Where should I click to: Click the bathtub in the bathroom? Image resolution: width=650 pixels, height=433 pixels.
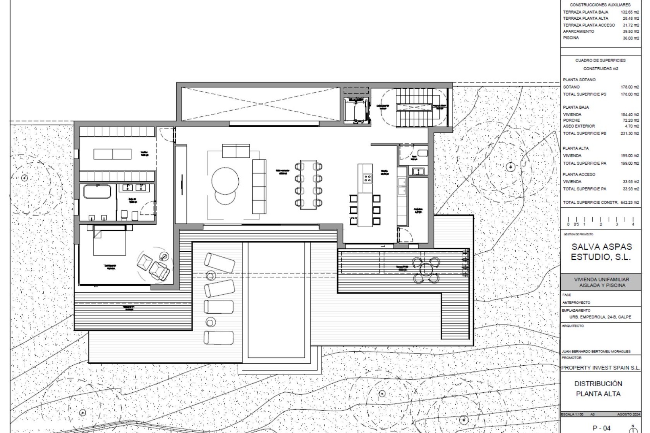pyautogui.click(x=97, y=192)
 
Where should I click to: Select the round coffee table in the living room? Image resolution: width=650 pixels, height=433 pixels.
pyautogui.click(x=225, y=181)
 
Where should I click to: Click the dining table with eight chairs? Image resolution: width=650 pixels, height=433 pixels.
pyautogui.click(x=308, y=185)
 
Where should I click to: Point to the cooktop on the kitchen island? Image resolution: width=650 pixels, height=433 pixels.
pyautogui.click(x=367, y=178)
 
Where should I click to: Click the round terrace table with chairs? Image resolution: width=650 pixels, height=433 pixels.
pyautogui.click(x=426, y=270)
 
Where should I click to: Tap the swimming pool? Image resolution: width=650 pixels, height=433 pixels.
pyautogui.click(x=276, y=299)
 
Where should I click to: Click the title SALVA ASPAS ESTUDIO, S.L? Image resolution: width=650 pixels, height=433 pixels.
pyautogui.click(x=601, y=252)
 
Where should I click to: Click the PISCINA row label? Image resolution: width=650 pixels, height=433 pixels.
pyautogui.click(x=571, y=38)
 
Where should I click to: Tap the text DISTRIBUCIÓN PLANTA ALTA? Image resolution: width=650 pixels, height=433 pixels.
pyautogui.click(x=598, y=389)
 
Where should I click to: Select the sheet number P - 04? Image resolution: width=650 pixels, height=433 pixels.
pyautogui.click(x=601, y=428)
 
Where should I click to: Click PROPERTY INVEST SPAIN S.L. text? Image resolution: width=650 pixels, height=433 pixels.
pyautogui.click(x=601, y=368)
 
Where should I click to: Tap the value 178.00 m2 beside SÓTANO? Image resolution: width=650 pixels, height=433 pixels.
pyautogui.click(x=630, y=87)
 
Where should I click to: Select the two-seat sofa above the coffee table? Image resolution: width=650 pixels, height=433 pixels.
pyautogui.click(x=236, y=151)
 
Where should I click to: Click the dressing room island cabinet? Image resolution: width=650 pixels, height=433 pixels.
pyautogui.click(x=112, y=154)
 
